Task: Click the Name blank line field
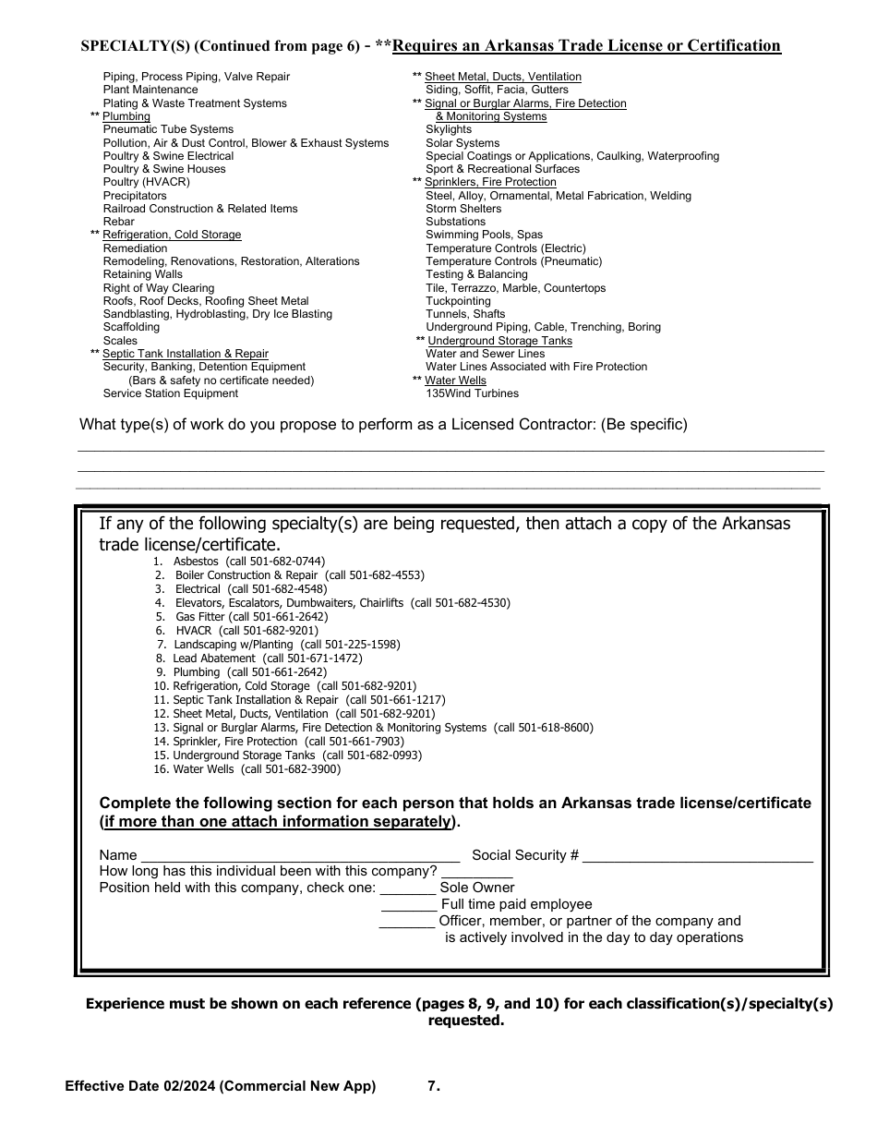[300, 856]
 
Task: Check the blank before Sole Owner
[407, 889]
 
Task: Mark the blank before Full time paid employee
[409, 906]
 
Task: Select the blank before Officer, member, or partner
[407, 923]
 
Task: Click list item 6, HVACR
[193, 631]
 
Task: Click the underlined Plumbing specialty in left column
[126, 117]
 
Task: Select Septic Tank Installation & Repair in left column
[185, 354]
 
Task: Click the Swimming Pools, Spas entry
[484, 236]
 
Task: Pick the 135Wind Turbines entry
[472, 393]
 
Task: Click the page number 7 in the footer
[433, 1087]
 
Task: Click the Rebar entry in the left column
[118, 222]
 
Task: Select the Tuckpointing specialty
[458, 301]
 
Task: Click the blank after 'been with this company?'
[476, 873]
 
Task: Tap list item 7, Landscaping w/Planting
[233, 645]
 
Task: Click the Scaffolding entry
[131, 327]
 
